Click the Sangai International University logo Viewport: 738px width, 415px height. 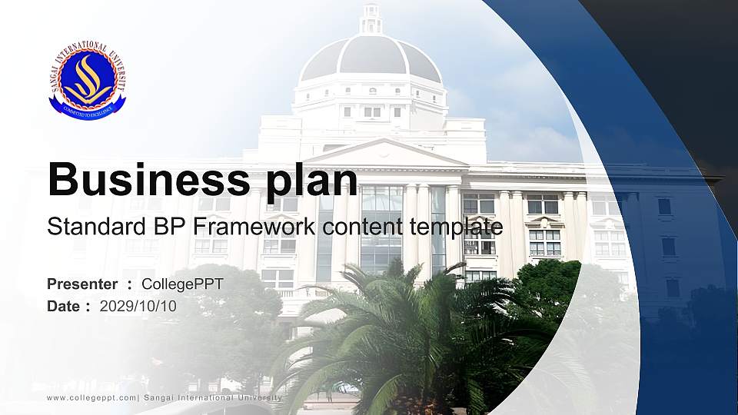tap(88, 80)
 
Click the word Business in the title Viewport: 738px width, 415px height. tap(148, 179)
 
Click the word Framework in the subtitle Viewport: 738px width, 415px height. tap(254, 226)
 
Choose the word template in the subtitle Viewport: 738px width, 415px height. tap(456, 227)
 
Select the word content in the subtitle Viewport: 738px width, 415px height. tap(362, 227)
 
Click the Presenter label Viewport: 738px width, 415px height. tap(82, 284)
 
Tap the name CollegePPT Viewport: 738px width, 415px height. tap(183, 284)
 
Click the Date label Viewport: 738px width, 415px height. tap(63, 307)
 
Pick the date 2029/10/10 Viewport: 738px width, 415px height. tap(138, 307)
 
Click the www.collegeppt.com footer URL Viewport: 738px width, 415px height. tap(91, 398)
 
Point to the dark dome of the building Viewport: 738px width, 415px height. tap(371, 56)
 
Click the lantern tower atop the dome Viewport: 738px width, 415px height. tap(371, 18)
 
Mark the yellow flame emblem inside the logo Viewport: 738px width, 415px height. tap(88, 78)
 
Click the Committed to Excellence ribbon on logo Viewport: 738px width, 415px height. tap(88, 110)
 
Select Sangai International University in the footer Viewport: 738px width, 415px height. tap(213, 398)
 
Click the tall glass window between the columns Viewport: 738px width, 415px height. tap(381, 229)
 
